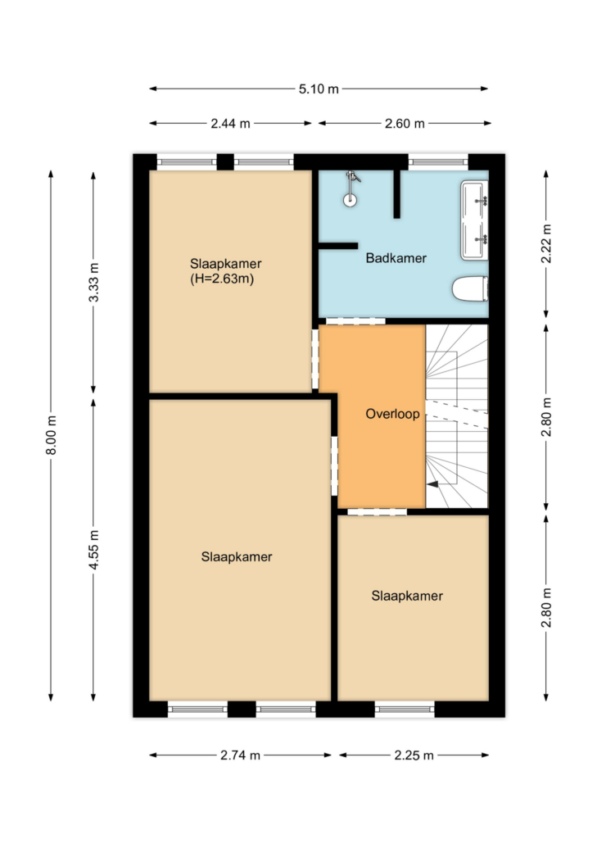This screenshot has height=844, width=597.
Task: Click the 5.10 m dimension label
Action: coord(319,88)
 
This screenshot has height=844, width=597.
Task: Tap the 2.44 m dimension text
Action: coord(230,123)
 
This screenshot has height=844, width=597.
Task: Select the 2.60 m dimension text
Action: coord(405,123)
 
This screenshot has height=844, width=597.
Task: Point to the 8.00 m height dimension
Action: coord(51,435)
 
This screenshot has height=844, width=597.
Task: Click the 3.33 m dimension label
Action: coord(93,282)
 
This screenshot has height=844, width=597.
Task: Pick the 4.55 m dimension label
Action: coord(93,550)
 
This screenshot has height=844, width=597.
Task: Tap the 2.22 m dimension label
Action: coord(546,243)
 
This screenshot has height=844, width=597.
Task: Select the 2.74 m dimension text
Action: coord(240,756)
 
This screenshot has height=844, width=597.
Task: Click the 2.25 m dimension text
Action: coord(414,756)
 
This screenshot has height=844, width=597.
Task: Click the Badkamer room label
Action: coord(396,258)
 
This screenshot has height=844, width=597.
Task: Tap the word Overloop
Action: coord(392,414)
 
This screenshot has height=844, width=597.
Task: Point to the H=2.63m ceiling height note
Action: coord(222,279)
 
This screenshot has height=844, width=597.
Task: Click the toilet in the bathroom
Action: coord(470,289)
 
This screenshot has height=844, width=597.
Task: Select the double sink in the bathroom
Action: coord(474,220)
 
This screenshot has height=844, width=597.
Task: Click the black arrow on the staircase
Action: coord(433,484)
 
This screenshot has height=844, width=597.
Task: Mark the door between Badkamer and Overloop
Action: coord(355,321)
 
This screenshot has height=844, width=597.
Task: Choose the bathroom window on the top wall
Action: coord(438,161)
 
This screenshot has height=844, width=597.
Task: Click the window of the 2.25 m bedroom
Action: coord(405,710)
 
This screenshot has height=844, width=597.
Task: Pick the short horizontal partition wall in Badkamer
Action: coord(338,246)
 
